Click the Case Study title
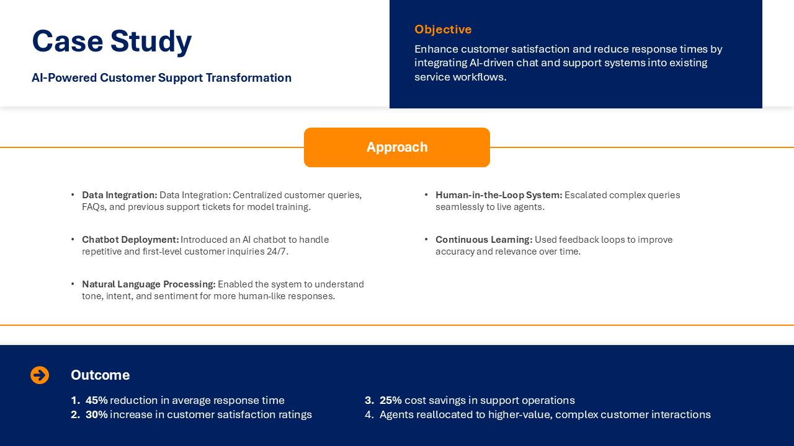pyautogui.click(x=112, y=42)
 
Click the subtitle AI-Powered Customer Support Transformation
pyautogui.click(x=161, y=78)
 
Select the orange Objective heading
pyautogui.click(x=443, y=30)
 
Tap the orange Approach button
pyautogui.click(x=397, y=147)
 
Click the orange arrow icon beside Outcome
pyautogui.click(x=40, y=375)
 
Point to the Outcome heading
pyautogui.click(x=100, y=375)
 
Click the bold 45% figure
pyautogui.click(x=96, y=400)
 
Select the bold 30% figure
pyautogui.click(x=96, y=414)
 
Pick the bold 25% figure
pyautogui.click(x=390, y=400)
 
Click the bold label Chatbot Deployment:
pyautogui.click(x=130, y=240)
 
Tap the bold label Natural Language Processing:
pyautogui.click(x=148, y=284)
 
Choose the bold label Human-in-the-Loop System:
pyautogui.click(x=499, y=195)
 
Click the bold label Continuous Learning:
pyautogui.click(x=484, y=240)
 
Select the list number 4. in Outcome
pyautogui.click(x=370, y=414)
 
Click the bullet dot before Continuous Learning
pyautogui.click(x=426, y=239)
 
